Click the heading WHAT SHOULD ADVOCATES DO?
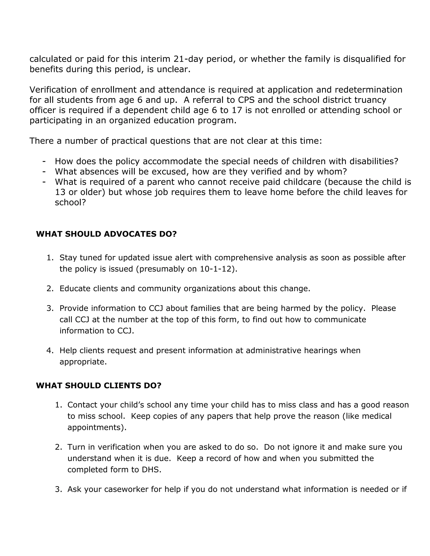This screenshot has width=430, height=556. (x=106, y=234)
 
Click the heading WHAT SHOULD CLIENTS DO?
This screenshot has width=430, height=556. (x=99, y=385)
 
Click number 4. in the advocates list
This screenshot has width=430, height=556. (x=50, y=351)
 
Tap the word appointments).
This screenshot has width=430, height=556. (x=97, y=427)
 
